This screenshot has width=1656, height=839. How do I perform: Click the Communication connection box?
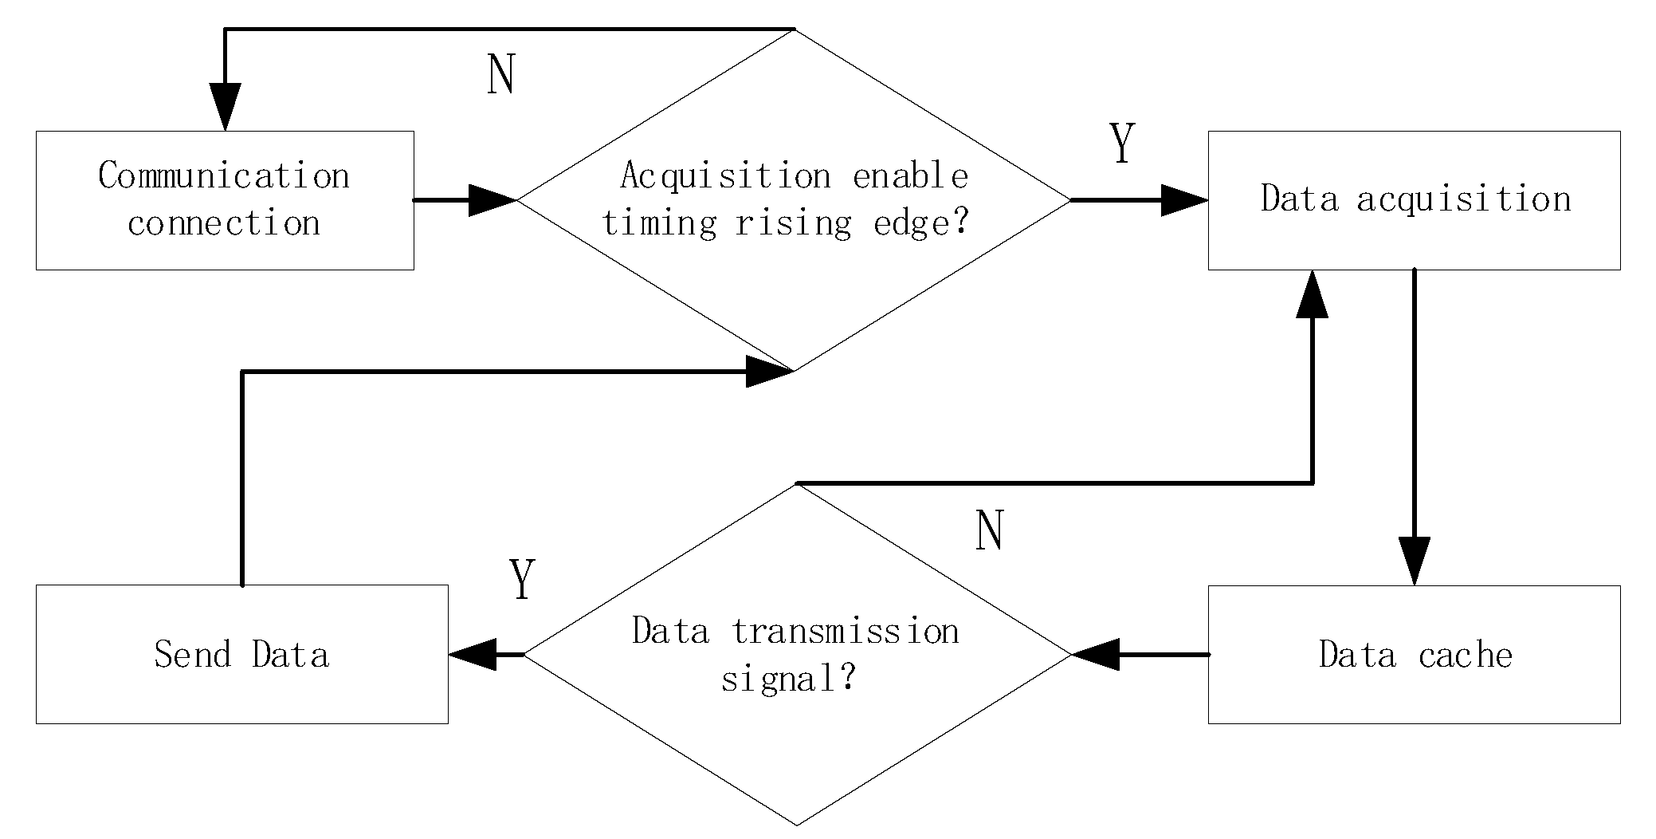coord(225,200)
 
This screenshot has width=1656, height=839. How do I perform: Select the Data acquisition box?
coord(1414,200)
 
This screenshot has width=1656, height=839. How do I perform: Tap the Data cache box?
coord(1414,655)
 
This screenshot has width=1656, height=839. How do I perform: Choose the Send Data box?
coord(241,655)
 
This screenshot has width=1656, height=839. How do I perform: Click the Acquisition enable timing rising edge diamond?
coord(794,200)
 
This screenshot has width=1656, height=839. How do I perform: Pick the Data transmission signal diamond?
coord(796,655)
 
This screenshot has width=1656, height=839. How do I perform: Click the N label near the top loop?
coord(501,76)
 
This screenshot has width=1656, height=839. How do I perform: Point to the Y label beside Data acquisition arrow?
coord(1122,144)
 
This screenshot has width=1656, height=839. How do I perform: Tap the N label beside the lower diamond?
coord(989,530)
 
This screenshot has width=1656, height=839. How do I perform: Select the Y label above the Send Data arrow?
coord(522,580)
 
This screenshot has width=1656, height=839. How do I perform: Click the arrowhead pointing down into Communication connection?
coord(226,106)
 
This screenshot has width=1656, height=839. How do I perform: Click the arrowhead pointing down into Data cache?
coord(1414,561)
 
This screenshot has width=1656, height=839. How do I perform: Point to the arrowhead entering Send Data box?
coord(473,655)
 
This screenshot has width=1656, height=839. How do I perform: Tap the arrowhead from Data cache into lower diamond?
coord(1096,655)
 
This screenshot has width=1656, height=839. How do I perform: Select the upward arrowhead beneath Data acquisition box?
coord(1313,294)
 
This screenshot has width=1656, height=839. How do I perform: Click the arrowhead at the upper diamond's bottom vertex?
coord(769,372)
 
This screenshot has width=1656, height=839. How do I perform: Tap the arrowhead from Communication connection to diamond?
coord(492,200)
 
